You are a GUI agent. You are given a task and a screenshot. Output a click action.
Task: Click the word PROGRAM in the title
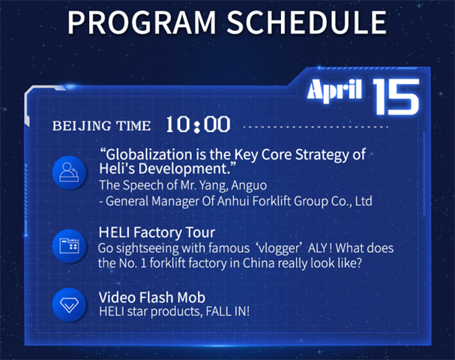(x=142, y=22)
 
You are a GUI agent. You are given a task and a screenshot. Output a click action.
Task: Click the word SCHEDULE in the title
(x=307, y=22)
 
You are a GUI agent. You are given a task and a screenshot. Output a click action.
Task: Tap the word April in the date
(x=334, y=90)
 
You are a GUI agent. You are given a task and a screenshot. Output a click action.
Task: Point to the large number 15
(x=396, y=97)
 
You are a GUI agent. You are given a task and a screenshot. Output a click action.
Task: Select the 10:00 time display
(x=198, y=124)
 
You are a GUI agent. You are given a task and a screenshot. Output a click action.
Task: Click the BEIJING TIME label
(x=101, y=126)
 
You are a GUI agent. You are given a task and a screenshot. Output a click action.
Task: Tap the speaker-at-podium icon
(x=69, y=172)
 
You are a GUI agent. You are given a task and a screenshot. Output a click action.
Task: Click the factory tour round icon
(x=69, y=246)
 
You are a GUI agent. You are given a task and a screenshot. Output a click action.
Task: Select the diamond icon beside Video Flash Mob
(x=69, y=304)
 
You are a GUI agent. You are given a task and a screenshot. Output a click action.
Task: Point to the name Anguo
(x=249, y=185)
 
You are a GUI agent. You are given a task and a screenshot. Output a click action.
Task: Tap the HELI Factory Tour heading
(x=157, y=232)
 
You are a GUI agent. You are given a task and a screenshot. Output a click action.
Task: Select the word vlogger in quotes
(x=279, y=248)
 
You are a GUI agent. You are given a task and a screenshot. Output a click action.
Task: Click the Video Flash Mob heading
(x=152, y=297)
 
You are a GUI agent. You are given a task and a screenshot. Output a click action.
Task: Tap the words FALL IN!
(x=228, y=311)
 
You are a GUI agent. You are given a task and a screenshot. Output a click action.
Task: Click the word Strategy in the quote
(x=322, y=154)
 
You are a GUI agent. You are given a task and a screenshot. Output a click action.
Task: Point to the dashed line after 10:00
(x=316, y=127)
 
